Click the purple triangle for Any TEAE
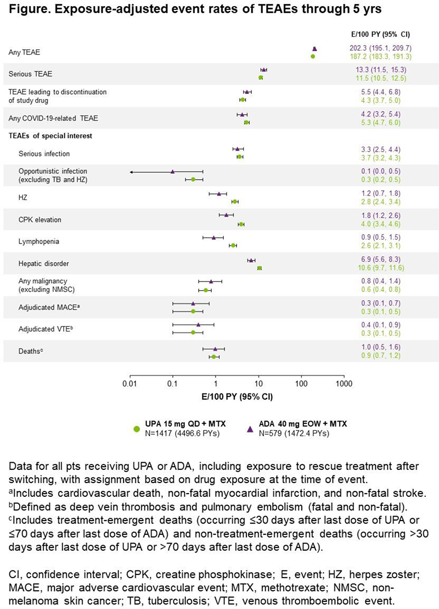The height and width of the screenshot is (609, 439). (314, 49)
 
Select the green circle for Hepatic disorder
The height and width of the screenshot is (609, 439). (260, 268)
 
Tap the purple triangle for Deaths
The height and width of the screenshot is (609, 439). (215, 348)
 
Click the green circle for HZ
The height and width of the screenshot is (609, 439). (235, 202)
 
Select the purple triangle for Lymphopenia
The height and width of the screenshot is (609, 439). (213, 237)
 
